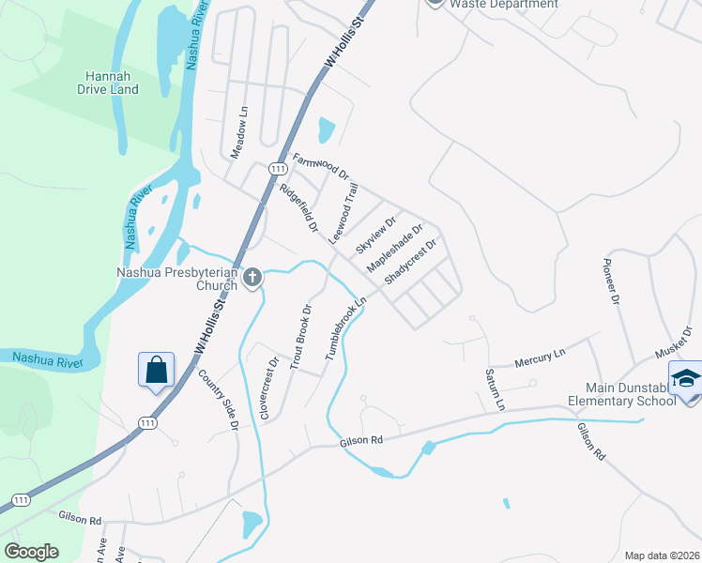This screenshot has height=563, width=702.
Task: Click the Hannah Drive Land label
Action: coord(112,83)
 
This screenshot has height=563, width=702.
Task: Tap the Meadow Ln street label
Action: coord(239,130)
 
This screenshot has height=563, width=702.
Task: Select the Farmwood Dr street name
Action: coord(321,166)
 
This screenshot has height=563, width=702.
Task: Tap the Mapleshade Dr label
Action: coord(395,248)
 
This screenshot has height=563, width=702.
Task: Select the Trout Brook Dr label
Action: coord(298,336)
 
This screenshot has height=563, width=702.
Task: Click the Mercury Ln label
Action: coord(542,358)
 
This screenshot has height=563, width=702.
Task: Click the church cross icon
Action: coord(252,278)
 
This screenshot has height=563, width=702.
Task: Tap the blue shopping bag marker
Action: coord(156,369)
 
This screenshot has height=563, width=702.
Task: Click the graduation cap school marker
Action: coord(688,379)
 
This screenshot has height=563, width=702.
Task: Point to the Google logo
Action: coord(31,551)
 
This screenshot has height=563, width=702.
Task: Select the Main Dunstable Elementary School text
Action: coord(630,394)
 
